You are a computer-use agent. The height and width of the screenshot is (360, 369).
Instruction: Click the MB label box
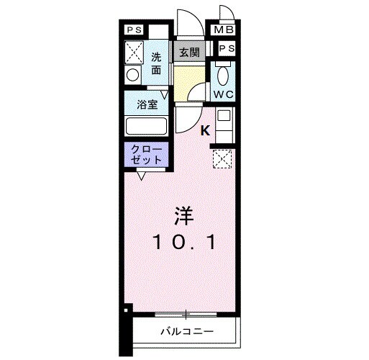click(x=222, y=30)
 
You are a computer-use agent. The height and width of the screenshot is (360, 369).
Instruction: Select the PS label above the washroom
click(x=135, y=30)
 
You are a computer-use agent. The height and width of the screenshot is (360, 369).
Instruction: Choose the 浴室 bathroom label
click(x=147, y=104)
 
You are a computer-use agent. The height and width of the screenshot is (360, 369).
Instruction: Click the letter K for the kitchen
click(x=205, y=131)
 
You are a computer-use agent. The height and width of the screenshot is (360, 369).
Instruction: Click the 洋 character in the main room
click(x=183, y=215)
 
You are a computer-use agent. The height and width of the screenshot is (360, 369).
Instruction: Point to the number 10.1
click(x=183, y=244)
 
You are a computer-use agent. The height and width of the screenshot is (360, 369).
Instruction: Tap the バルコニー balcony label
click(x=186, y=333)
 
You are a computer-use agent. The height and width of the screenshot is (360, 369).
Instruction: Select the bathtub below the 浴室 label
click(x=147, y=126)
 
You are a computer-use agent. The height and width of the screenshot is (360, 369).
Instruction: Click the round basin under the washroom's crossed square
click(x=133, y=74)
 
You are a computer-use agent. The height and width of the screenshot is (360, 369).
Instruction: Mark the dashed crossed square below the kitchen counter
click(x=222, y=158)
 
